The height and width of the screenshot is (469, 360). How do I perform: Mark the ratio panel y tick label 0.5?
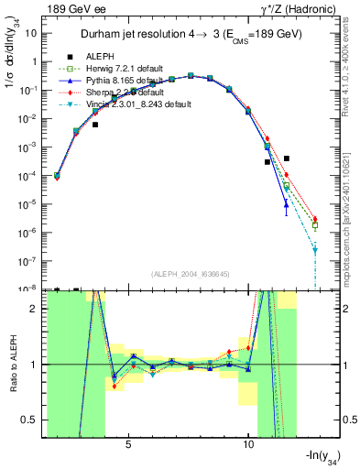[34, 420]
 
